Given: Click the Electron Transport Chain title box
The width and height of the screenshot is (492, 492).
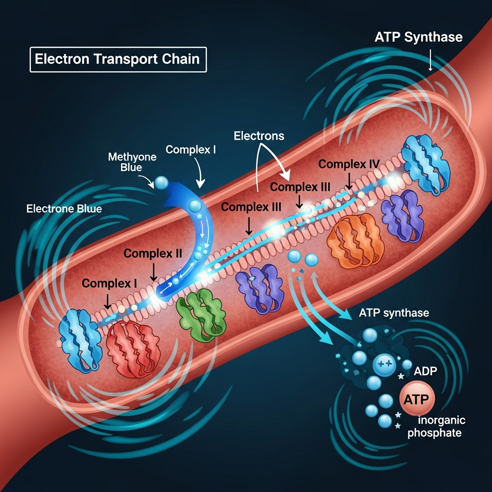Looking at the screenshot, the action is tap(118, 60).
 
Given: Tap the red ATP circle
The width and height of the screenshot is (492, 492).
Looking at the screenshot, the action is tap(417, 398).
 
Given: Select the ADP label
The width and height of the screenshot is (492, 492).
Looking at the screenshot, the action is tap(425, 371).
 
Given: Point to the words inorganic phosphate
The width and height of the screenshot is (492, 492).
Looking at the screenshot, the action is tap(436, 427).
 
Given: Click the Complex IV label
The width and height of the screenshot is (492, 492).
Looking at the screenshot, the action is tap(349, 164).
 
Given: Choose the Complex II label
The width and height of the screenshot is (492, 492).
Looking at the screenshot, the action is tap(152, 253).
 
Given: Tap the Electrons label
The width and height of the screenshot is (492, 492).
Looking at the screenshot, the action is tap(259, 136).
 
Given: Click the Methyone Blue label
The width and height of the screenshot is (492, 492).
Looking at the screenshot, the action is tap(132, 161).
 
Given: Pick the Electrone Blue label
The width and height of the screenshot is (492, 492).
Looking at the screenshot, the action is tap(64, 209).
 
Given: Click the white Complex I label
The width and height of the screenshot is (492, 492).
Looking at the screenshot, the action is tap(190, 149).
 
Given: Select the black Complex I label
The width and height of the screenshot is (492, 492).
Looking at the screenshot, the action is tap(109, 283).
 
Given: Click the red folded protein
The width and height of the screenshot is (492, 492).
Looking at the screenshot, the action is tap(134, 348).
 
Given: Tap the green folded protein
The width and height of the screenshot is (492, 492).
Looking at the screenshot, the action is tap(201, 315).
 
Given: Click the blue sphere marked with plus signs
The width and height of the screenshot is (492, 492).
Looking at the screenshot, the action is tap(384, 365).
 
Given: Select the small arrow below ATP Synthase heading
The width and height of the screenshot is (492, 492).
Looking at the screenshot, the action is tap(430, 60).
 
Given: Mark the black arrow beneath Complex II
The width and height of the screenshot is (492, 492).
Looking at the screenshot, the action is tap(153, 272).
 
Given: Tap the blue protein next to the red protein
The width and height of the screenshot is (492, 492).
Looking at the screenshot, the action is tap(80, 341).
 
